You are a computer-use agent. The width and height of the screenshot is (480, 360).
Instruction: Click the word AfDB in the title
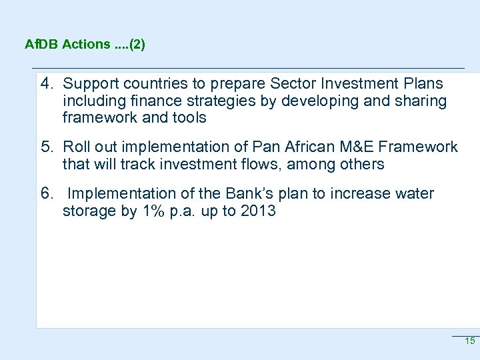coord(41,45)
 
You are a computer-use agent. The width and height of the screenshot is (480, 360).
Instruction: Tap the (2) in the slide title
coord(137,45)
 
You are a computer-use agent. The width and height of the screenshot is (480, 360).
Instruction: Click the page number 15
coord(469,341)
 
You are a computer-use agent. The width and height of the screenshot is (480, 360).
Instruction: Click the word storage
coord(88,211)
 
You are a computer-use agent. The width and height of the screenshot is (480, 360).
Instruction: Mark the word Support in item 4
coord(89,84)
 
